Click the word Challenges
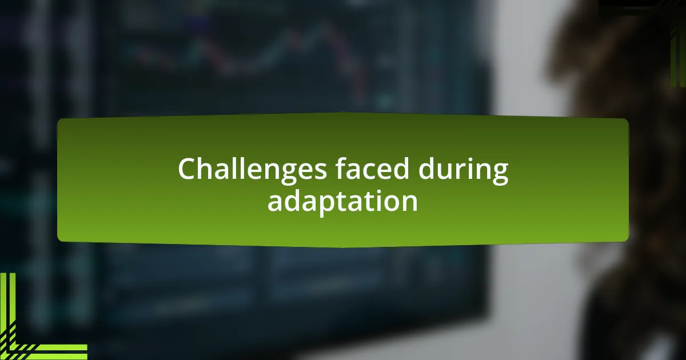point(252,170)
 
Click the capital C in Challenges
point(188,169)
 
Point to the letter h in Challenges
point(211,168)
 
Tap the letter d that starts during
point(427,168)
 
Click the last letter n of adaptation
point(409,203)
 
